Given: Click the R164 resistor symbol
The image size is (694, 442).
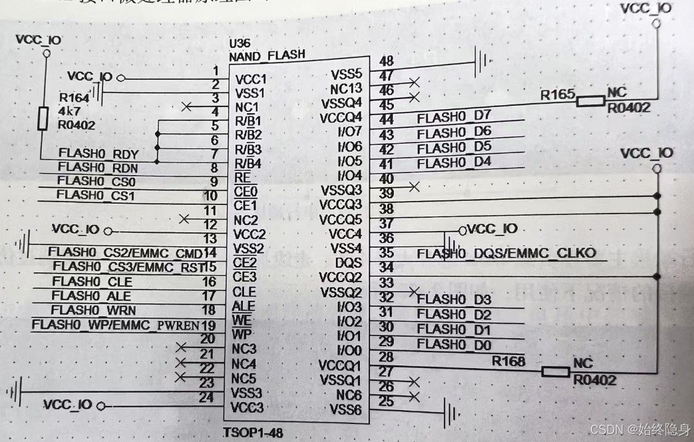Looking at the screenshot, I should (x=43, y=119).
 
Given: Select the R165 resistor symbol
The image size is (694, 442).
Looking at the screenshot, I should (x=590, y=101).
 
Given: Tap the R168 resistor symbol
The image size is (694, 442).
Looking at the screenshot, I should (x=555, y=371).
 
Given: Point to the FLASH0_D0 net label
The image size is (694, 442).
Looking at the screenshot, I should (x=454, y=345).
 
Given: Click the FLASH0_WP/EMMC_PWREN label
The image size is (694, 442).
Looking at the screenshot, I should (x=114, y=325).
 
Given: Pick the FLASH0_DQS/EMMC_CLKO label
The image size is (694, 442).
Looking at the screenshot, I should (x=506, y=254).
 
